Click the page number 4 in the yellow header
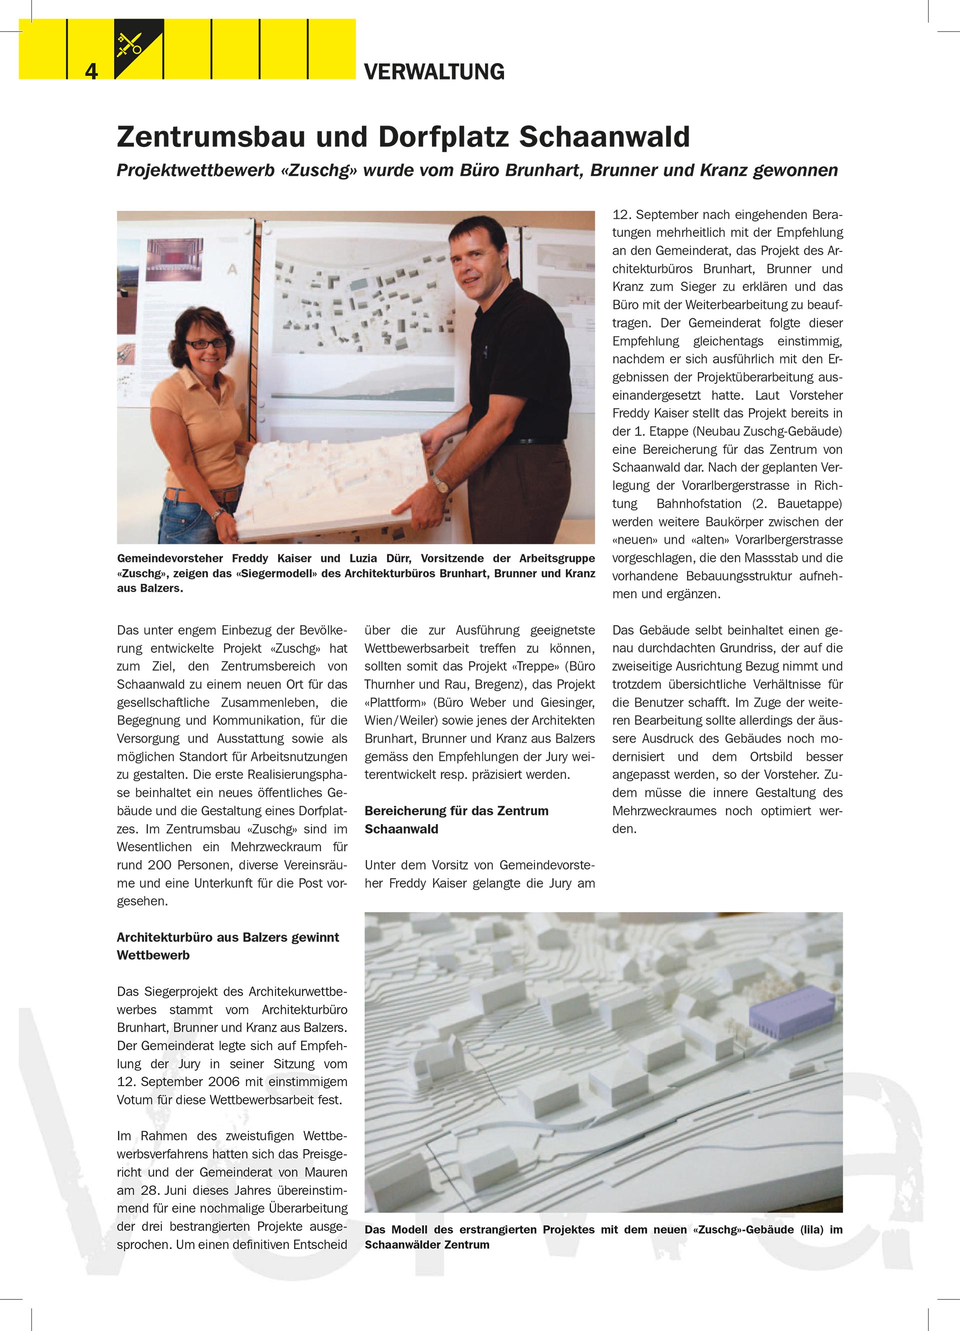91,71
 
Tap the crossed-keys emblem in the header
130,44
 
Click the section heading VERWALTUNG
434,71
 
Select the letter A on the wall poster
232,269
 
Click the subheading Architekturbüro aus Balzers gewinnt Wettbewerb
228,946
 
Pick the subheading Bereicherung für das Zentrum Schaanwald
456,819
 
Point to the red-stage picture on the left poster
174,259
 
